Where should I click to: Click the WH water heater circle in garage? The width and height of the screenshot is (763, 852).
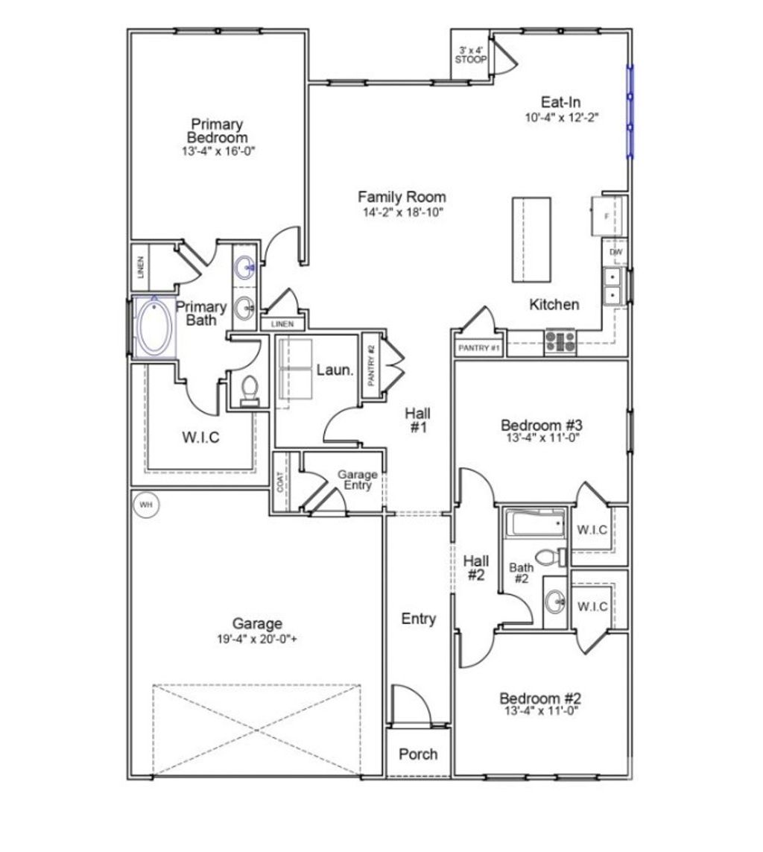[146, 505]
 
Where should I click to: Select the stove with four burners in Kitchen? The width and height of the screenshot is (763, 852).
[560, 341]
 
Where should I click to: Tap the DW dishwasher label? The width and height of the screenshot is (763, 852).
[616, 252]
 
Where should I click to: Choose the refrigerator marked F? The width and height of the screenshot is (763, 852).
[608, 216]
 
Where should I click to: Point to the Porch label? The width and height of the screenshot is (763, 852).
[418, 754]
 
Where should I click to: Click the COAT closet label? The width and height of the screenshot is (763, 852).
[281, 482]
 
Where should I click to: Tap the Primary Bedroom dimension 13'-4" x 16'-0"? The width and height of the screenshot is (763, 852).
[217, 151]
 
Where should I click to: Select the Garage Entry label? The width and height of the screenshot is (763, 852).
[358, 479]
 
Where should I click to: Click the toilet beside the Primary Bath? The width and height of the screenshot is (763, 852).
[249, 388]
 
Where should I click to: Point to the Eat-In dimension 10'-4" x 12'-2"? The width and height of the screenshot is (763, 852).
[561, 117]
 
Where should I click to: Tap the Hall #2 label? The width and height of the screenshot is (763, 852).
[476, 567]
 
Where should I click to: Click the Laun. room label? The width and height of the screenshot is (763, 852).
[335, 369]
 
